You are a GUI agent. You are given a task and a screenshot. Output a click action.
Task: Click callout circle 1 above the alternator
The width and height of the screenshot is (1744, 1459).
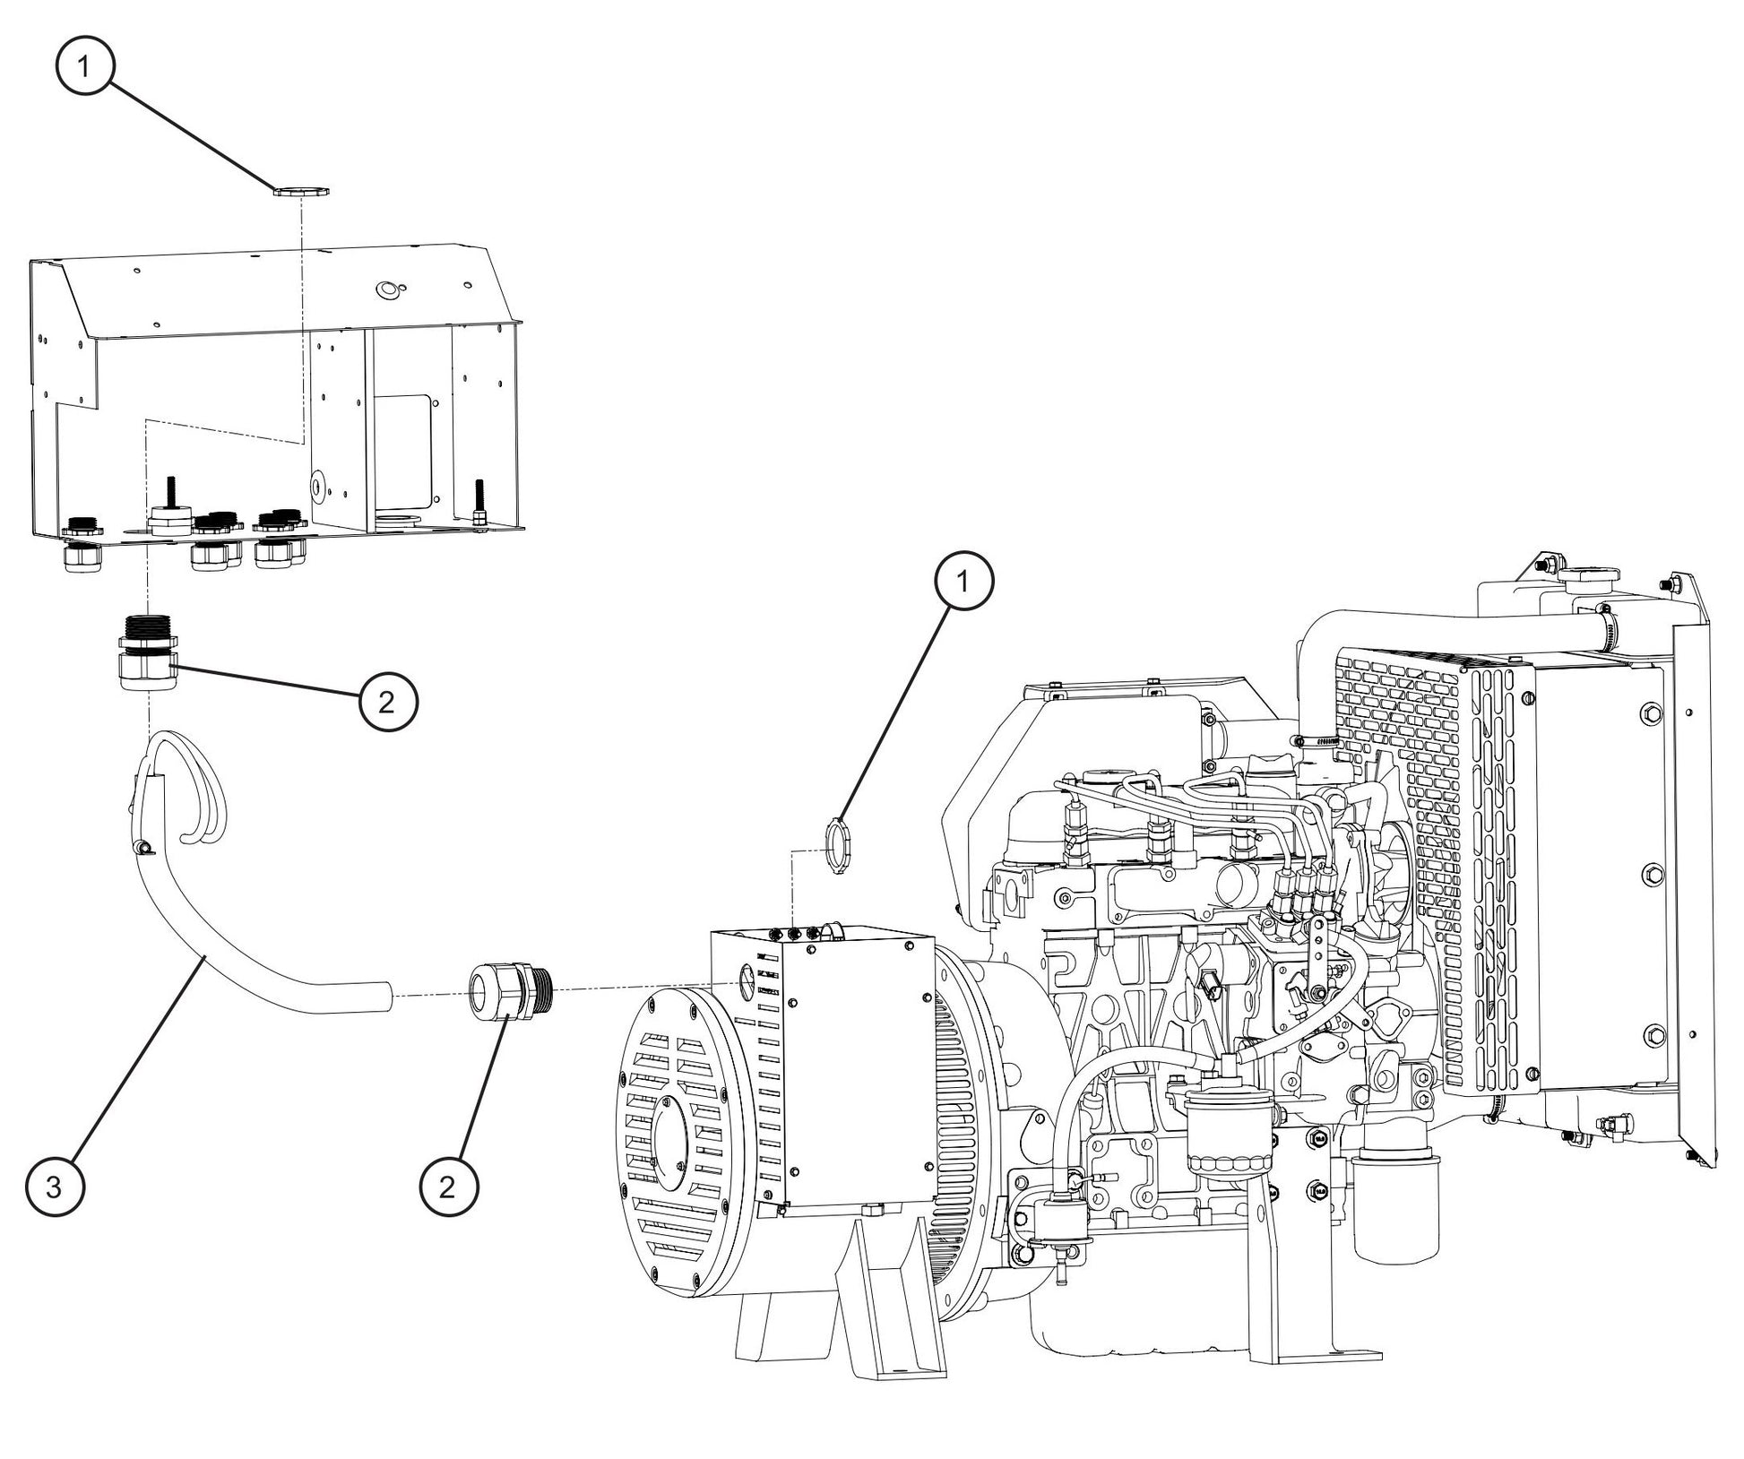pyautogui.click(x=963, y=582)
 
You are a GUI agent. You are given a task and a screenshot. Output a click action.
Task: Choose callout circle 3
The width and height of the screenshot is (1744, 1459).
pyautogui.click(x=54, y=1188)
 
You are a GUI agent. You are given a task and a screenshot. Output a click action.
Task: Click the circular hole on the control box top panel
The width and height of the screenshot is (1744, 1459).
pyautogui.click(x=389, y=289)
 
